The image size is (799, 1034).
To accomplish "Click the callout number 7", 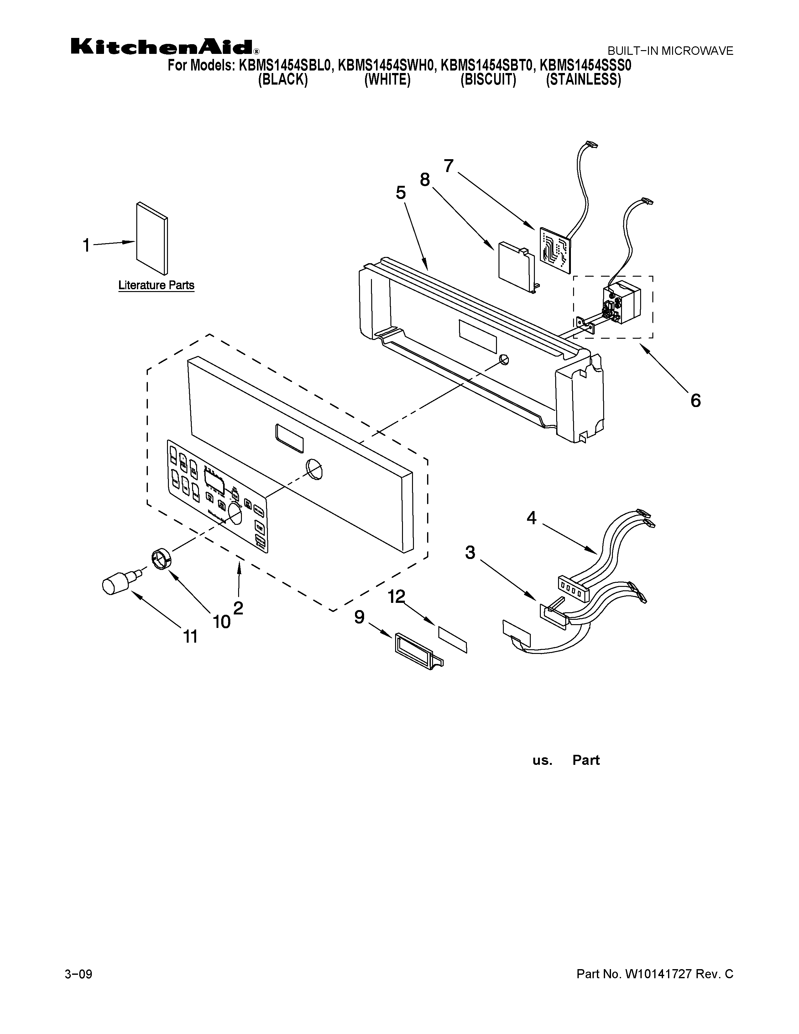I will tap(448, 166).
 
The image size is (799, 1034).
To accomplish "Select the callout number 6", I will tap(695, 400).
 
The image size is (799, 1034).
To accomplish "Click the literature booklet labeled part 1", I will tap(151, 238).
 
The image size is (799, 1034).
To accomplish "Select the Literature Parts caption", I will tap(156, 285).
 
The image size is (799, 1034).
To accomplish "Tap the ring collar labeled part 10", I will tap(161, 560).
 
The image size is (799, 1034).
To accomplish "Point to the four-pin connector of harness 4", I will tap(573, 588).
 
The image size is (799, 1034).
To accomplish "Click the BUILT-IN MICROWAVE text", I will tap(670, 51).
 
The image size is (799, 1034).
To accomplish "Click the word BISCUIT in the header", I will tap(488, 80).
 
